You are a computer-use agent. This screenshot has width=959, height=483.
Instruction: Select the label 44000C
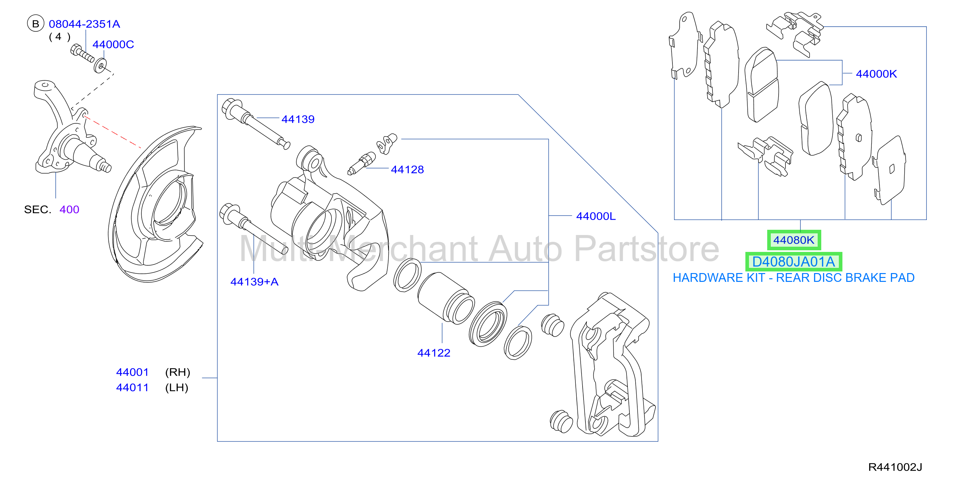(x=113, y=45)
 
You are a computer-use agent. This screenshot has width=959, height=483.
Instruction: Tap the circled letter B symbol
(x=36, y=24)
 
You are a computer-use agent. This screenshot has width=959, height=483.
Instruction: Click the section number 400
(x=69, y=210)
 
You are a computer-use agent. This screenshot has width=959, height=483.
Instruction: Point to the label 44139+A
(x=254, y=282)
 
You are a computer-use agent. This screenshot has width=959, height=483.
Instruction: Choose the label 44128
(x=407, y=170)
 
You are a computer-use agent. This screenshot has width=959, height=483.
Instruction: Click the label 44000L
(x=596, y=216)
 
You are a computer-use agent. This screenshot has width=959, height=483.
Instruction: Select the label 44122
(x=434, y=353)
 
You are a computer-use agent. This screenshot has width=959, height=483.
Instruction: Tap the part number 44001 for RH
(x=132, y=372)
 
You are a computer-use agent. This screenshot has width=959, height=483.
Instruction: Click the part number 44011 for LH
(x=132, y=388)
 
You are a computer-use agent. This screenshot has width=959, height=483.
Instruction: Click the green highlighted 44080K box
(x=794, y=240)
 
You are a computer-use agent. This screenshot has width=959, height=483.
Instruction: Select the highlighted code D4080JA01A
(x=793, y=262)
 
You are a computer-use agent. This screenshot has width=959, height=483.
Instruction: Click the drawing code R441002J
(x=895, y=467)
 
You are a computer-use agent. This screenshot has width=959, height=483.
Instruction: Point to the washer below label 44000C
(x=100, y=66)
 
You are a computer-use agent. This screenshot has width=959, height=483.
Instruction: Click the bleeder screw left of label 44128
(x=361, y=163)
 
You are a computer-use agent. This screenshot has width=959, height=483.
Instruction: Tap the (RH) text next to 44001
(x=177, y=372)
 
